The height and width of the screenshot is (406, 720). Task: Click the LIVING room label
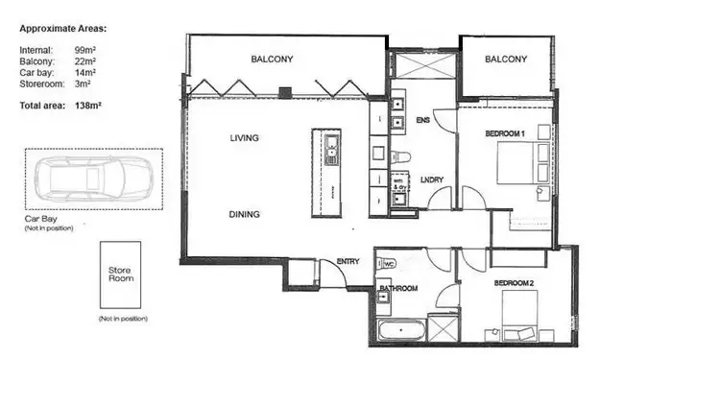(245, 138)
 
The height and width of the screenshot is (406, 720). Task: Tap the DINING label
(245, 214)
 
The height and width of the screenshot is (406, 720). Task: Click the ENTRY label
(348, 262)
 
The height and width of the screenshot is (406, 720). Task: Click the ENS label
(422, 120)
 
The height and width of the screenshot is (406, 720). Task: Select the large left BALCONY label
(272, 60)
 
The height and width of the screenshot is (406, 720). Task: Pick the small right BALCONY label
(505, 60)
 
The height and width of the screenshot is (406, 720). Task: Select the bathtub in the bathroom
(399, 332)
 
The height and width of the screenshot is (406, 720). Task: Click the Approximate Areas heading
(63, 29)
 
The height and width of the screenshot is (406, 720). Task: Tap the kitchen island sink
(330, 149)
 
